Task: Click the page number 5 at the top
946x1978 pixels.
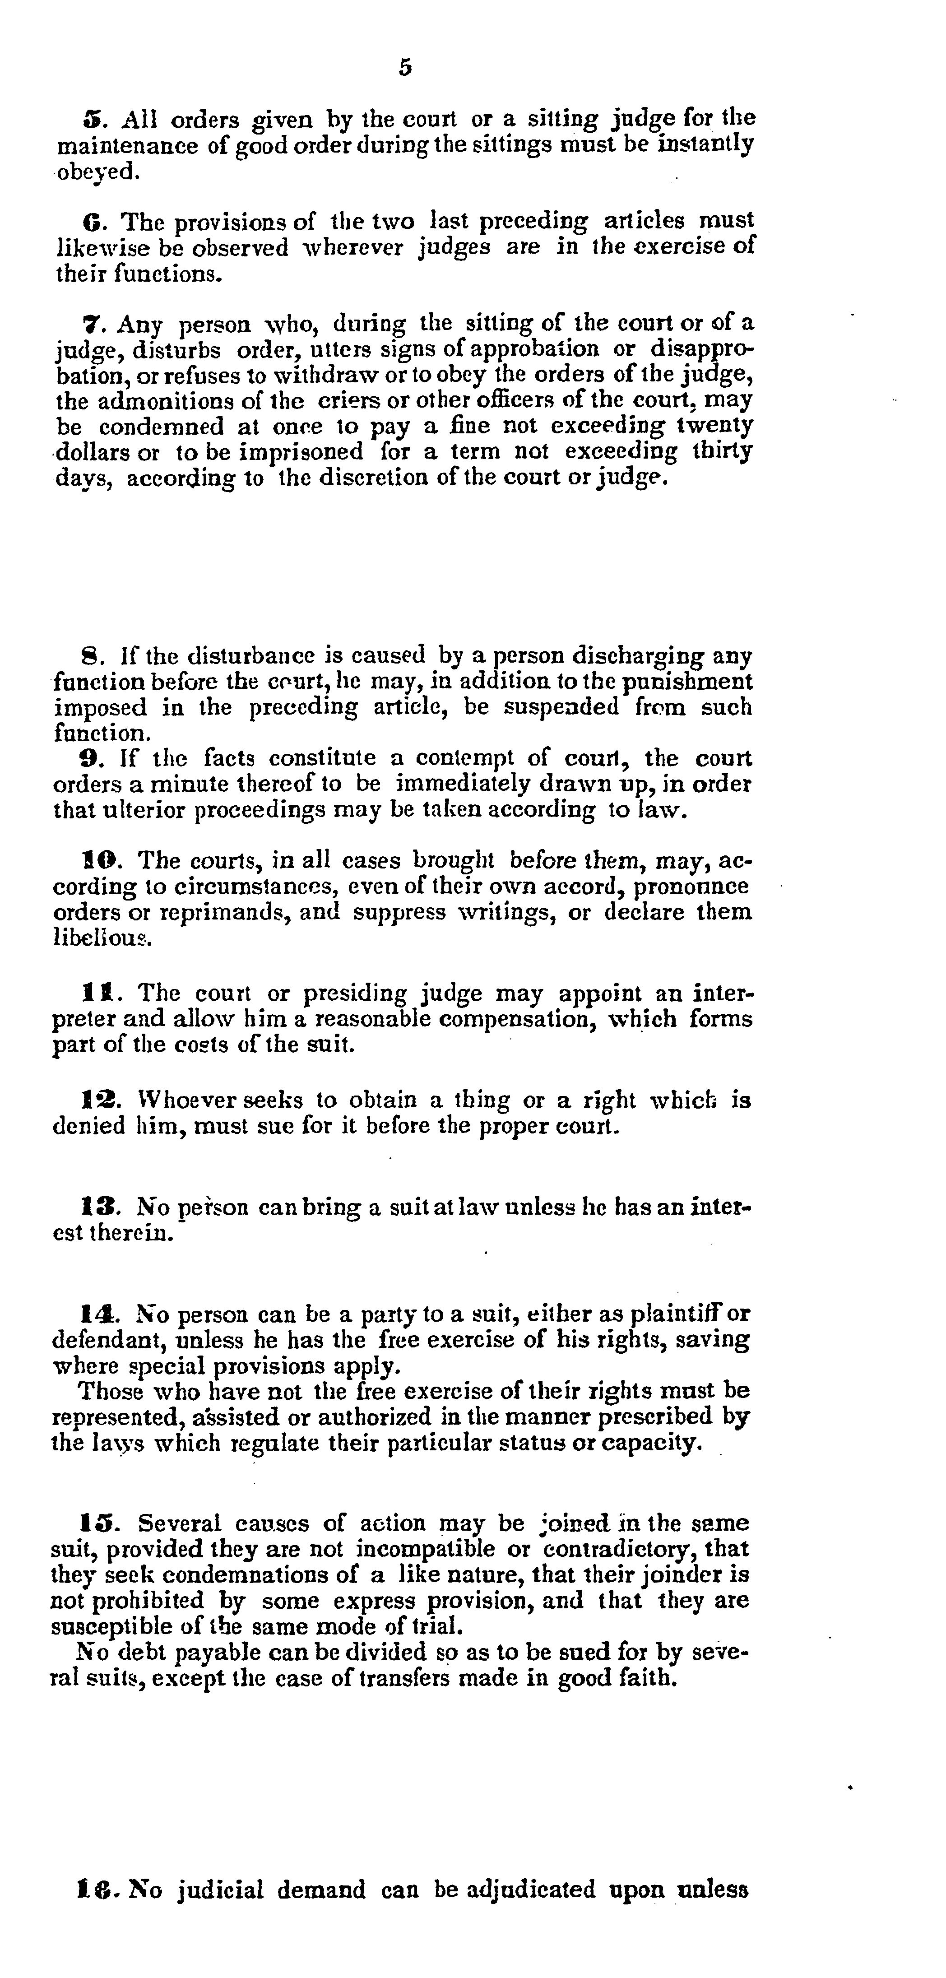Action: click(x=405, y=68)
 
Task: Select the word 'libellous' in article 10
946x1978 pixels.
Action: click(x=102, y=938)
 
